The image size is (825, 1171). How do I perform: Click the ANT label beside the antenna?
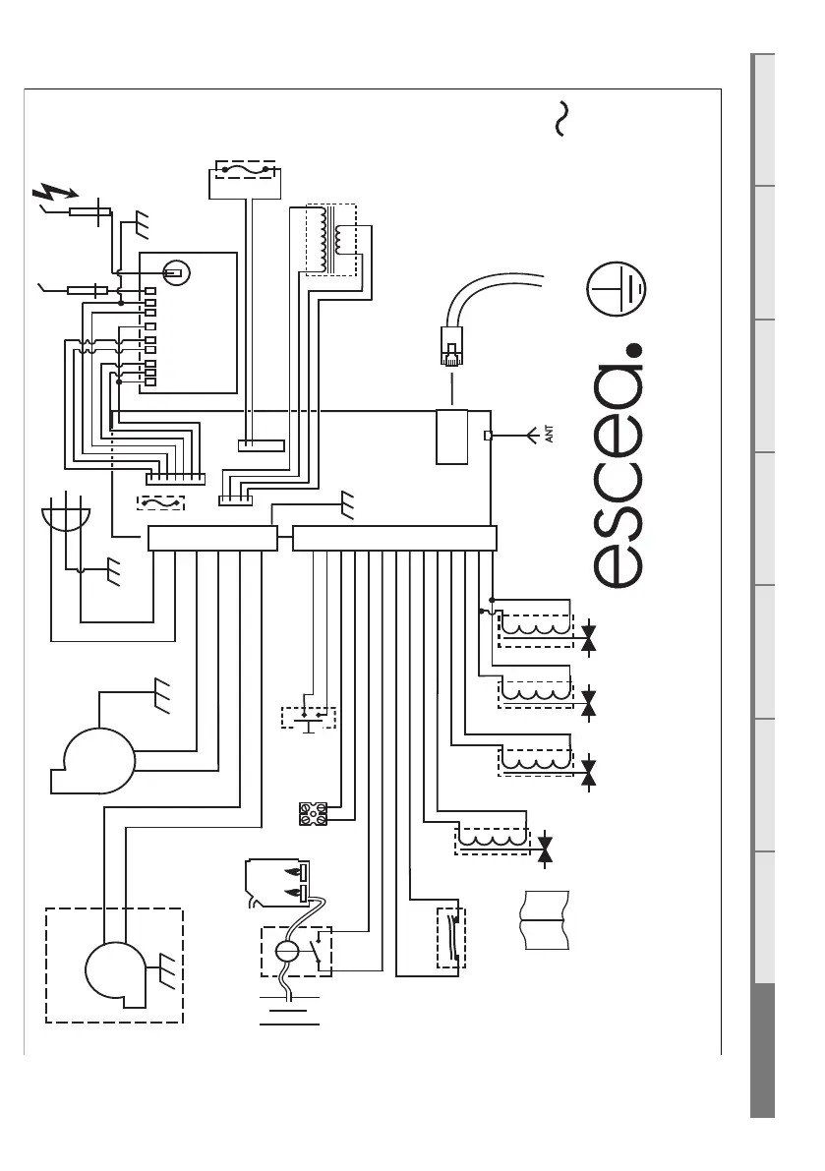click(x=550, y=434)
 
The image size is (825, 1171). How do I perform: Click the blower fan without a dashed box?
click(x=95, y=758)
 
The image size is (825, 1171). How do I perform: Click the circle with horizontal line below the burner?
click(x=287, y=952)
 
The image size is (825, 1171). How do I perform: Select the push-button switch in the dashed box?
click(x=308, y=717)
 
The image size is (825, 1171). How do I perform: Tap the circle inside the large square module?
click(x=176, y=272)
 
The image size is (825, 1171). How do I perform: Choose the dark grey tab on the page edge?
click(x=763, y=1051)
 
